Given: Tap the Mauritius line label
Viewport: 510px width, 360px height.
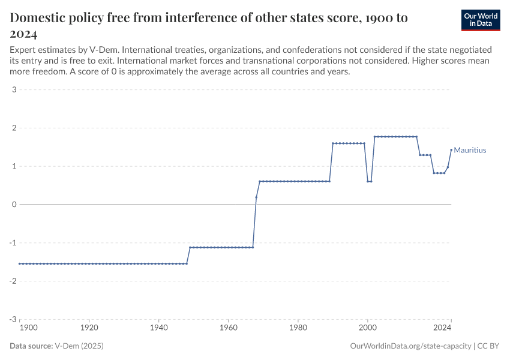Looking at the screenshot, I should pos(470,150).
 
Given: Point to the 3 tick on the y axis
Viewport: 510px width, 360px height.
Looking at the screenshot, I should pos(13,90).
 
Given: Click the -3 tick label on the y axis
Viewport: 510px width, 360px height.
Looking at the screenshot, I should pos(11,319).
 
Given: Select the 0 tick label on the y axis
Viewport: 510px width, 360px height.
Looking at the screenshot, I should pos(13,205).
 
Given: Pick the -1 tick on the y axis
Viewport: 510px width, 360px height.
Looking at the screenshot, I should pos(11,243).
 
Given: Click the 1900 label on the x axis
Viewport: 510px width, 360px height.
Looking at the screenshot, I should pos(28,328).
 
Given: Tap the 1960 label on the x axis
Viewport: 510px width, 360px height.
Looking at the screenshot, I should pos(228,328).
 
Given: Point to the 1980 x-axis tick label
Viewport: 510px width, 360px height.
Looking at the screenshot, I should pos(298,328).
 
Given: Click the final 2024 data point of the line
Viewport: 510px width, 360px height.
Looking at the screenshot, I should pos(451,150).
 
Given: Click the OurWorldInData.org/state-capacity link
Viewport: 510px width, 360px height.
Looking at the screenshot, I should pos(410,346).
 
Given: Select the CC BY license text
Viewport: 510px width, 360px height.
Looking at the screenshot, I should pos(489,346).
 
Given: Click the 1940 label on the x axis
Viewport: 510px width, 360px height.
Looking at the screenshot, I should pos(158,328).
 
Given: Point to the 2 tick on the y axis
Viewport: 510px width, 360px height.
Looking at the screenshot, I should pos(13,128).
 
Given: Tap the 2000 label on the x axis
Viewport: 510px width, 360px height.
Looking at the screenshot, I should pos(367,328).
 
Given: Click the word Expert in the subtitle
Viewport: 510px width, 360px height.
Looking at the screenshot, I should pos(23,50).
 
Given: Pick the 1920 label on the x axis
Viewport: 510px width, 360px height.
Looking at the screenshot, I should pos(89,328).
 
